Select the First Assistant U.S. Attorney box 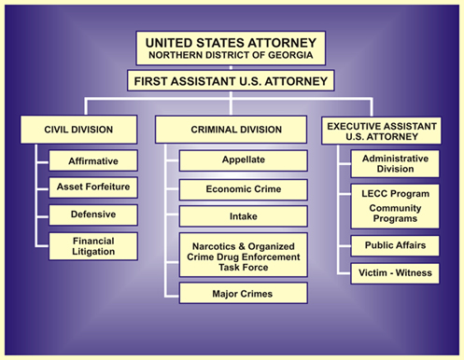pos(232,81)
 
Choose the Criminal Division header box pos(232,129)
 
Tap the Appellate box pos(242,159)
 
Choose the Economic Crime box pos(242,188)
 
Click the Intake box pos(242,216)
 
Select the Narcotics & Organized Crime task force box pos(242,255)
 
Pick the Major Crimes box pos(242,294)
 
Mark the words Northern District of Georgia pos(232,55)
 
